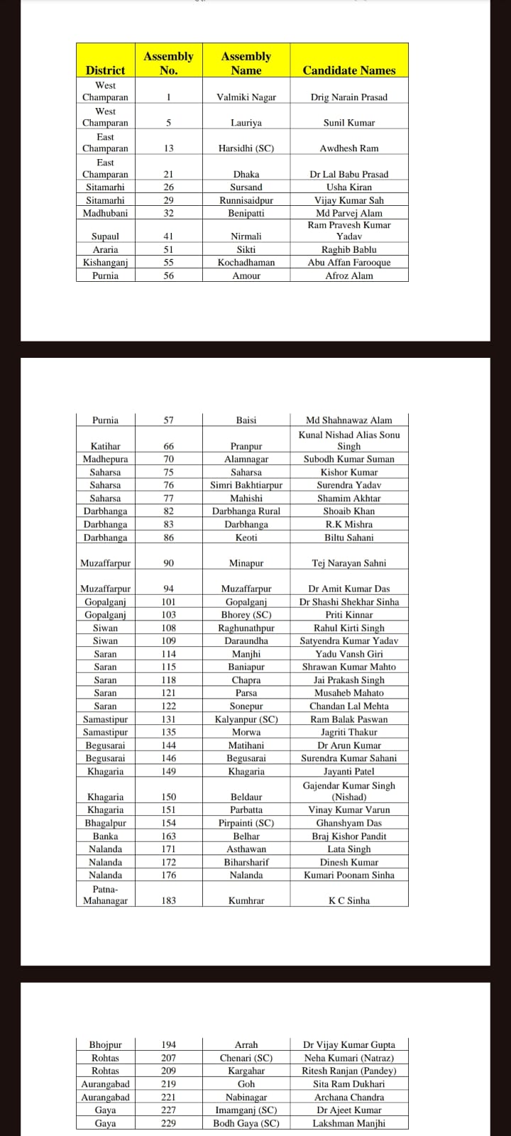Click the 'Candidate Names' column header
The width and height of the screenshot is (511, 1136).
348,70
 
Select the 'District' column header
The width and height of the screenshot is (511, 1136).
105,70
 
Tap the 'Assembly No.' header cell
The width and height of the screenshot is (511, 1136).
168,63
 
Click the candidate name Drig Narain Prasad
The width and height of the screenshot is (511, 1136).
348,97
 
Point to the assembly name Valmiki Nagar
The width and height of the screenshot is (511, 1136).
246,97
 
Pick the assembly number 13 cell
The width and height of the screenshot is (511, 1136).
168,148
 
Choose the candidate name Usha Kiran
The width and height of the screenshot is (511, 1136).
348,187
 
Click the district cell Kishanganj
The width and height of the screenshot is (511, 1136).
105,263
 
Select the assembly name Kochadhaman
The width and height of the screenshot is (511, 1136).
246,263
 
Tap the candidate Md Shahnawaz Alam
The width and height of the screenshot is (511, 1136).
348,420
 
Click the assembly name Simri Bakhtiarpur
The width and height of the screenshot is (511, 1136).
246,485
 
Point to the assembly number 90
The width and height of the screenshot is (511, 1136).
168,563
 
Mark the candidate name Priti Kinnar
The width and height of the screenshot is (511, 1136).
348,615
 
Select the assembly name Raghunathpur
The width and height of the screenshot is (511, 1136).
246,628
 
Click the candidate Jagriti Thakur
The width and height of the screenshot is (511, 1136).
348,732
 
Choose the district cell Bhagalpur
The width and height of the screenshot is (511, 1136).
105,823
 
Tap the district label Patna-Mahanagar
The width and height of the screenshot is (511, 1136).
105,895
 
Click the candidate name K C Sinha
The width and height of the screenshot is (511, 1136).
348,900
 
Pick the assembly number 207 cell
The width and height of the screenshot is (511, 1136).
168,1058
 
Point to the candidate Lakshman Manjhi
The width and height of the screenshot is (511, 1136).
348,1123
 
